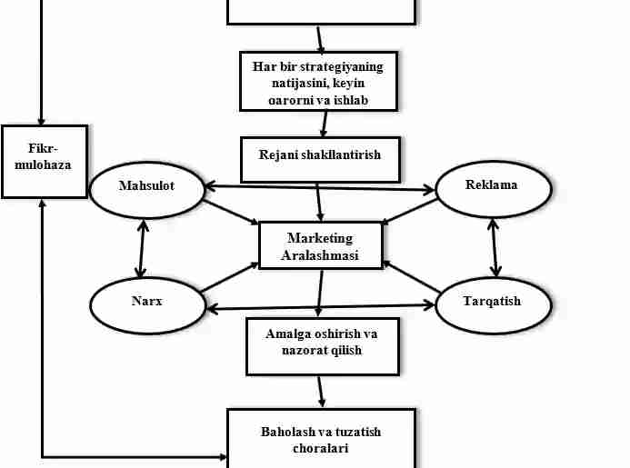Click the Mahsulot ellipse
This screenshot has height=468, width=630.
coord(146,187)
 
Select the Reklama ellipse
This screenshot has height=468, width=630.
coord(494,186)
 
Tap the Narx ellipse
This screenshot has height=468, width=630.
coord(146,303)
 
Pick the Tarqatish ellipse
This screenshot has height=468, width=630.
coord(494,302)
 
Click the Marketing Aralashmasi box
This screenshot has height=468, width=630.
coord(320,246)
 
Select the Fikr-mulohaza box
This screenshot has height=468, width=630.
coord(44,161)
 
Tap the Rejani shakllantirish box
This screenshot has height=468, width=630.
coord(320,157)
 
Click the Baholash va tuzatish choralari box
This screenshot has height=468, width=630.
coord(320,440)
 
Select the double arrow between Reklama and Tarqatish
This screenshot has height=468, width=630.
coord(494,245)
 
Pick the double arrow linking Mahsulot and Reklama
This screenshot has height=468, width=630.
coord(318,188)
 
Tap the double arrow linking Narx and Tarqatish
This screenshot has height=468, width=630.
coord(321,305)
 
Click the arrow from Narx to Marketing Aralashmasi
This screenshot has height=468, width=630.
coord(229,278)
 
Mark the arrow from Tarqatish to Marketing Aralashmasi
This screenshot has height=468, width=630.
coord(411,277)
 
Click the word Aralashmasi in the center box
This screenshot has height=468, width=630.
coord(320,255)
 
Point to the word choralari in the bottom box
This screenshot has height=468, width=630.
coord(320,448)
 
